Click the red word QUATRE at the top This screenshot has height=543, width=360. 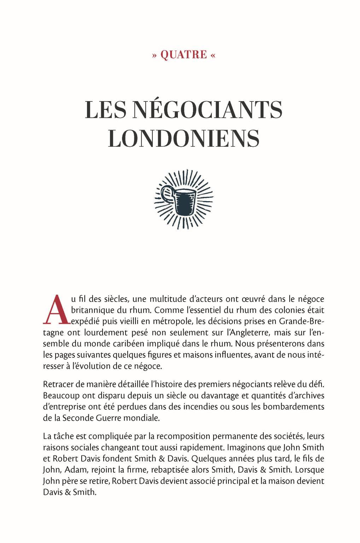point(184,55)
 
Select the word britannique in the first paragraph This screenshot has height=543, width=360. point(91,310)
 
